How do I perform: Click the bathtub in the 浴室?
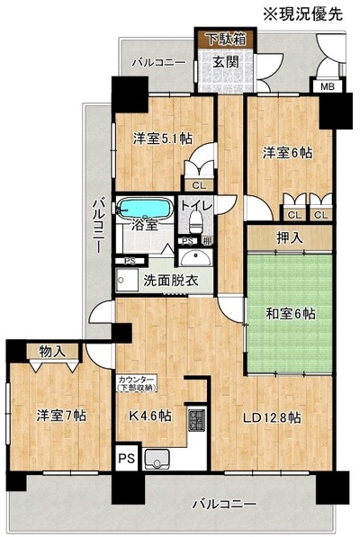point(145,208)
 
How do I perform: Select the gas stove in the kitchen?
point(197,421)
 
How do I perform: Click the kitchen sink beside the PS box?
point(157,459)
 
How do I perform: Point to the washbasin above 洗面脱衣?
point(195,257)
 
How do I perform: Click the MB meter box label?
point(327,86)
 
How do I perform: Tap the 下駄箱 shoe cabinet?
point(226,39)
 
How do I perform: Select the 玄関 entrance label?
point(226,62)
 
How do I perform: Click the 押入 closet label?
point(290,237)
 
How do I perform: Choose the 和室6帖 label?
point(291,314)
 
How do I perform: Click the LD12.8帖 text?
point(272,417)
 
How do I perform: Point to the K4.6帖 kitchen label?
point(149,416)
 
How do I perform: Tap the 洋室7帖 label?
point(61,416)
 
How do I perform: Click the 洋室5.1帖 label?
point(162,139)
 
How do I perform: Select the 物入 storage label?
point(52,352)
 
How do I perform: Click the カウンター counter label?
point(137,380)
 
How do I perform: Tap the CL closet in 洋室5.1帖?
point(199,185)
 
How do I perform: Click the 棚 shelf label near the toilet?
point(207,241)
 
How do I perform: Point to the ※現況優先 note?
point(302,14)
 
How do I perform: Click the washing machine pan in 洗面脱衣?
point(127,280)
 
